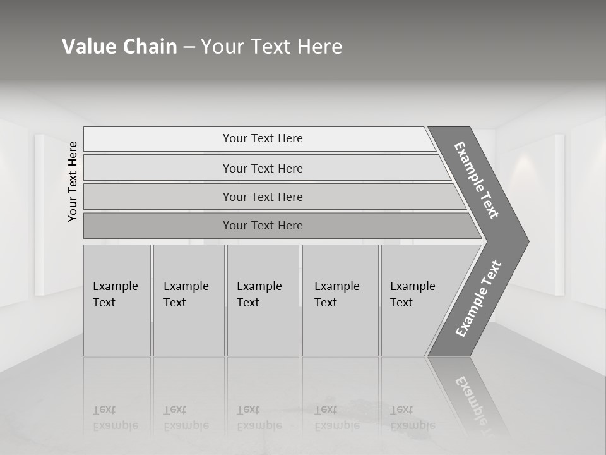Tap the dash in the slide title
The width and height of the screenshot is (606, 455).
[189, 47]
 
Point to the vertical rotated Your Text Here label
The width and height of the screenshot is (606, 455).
[73, 181]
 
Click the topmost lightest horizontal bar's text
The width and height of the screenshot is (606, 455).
[263, 138]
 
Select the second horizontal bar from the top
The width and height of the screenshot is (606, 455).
[263, 168]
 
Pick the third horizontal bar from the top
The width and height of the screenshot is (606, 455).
[263, 197]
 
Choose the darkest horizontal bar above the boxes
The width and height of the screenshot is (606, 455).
[263, 226]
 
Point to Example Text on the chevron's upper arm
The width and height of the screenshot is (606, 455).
[477, 180]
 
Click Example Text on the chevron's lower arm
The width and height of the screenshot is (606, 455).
[478, 299]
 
